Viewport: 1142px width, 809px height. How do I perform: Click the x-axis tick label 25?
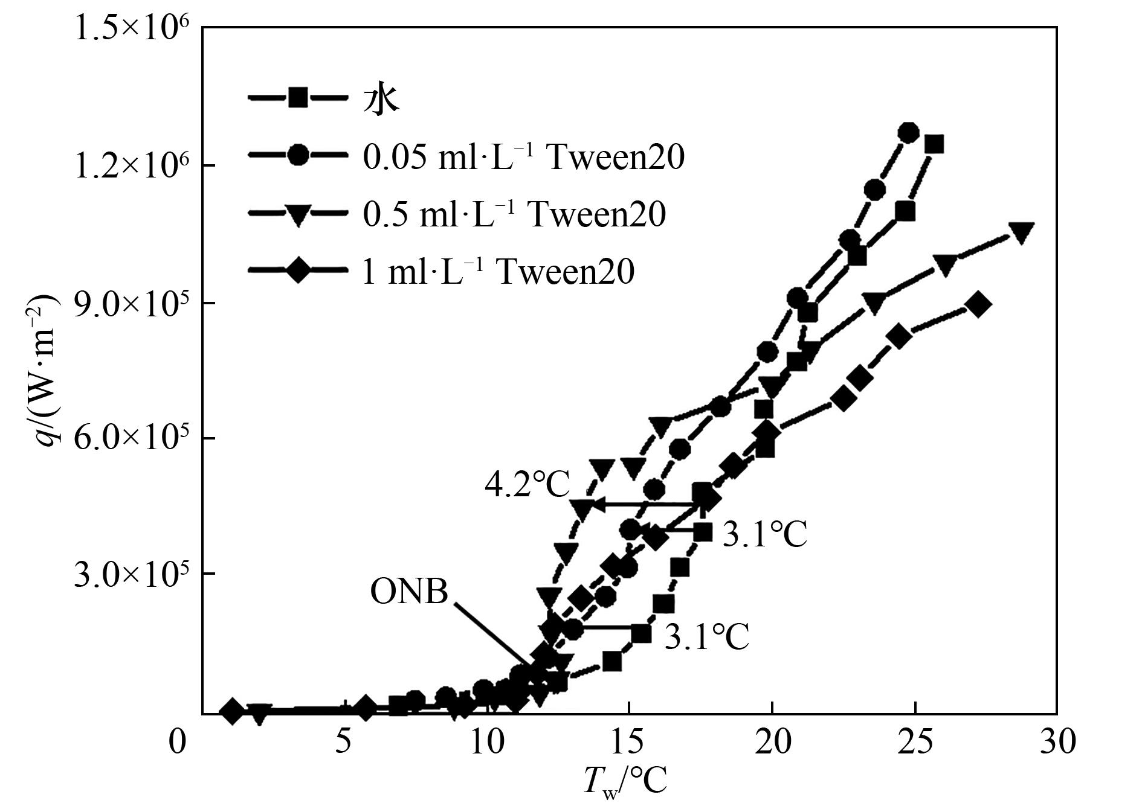916,741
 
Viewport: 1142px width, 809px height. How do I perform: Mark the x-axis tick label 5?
343,741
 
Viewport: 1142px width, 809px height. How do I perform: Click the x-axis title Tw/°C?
625,781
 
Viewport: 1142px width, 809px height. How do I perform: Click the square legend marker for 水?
298,98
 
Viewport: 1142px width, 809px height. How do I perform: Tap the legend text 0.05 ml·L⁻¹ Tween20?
523,157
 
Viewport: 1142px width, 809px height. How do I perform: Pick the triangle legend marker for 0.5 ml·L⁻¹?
298,214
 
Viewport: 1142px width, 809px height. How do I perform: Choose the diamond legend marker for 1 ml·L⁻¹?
298,271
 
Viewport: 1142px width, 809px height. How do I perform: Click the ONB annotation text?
409,592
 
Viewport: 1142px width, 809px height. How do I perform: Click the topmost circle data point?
908,133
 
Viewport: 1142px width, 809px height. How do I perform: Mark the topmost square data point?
934,145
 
